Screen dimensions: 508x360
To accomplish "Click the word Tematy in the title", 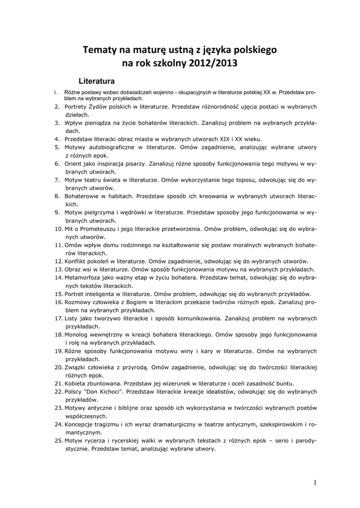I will tap(99, 50).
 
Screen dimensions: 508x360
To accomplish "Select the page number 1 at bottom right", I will tap(315, 482).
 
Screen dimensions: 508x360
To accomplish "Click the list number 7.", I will tap(58, 180).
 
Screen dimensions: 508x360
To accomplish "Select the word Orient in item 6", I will tap(75, 163).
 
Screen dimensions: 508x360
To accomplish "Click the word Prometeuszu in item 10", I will tap(98, 229).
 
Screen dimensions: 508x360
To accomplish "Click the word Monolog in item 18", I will tap(79, 334).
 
